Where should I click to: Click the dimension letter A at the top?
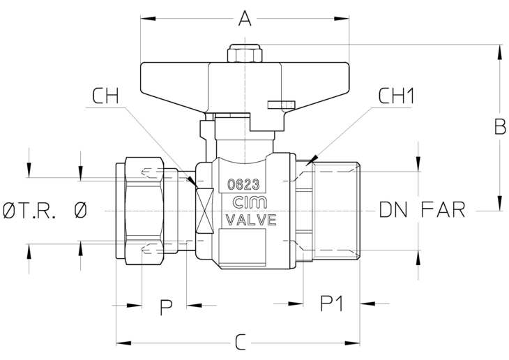click(x=245, y=18)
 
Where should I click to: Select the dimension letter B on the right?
click(x=500, y=127)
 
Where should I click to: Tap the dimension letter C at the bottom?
click(x=241, y=343)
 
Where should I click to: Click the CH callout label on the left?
click(x=105, y=96)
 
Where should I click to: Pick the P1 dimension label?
click(x=331, y=303)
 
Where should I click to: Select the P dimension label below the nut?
click(x=166, y=308)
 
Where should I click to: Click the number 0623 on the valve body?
click(x=243, y=185)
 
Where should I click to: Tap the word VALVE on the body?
click(x=251, y=220)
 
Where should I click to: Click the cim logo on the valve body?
click(x=250, y=202)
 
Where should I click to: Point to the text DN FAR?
click(x=422, y=209)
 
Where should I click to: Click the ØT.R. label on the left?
click(x=29, y=210)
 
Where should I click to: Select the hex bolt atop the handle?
click(x=245, y=53)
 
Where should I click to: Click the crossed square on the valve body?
click(x=204, y=211)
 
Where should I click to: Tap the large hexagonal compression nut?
click(x=144, y=211)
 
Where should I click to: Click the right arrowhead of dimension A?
click(x=342, y=19)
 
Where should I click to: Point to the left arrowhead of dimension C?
click(x=123, y=343)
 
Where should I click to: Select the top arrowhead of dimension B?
click(x=499, y=52)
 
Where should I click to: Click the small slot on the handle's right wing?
click(x=282, y=105)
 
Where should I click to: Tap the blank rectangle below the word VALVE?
click(x=242, y=247)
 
